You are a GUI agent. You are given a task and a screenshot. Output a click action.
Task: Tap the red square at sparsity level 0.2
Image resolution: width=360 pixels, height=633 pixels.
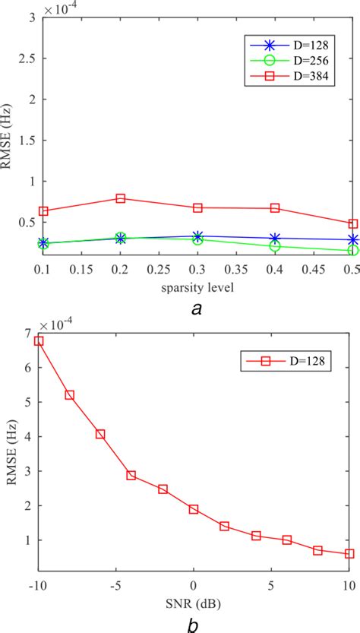click(x=121, y=198)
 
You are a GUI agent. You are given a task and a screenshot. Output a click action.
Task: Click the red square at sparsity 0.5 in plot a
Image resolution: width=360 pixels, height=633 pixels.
click(x=352, y=223)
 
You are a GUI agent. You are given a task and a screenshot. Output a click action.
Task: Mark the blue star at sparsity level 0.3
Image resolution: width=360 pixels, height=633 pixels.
click(x=198, y=236)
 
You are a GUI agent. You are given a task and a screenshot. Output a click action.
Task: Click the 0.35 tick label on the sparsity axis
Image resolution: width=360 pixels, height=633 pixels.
click(x=236, y=271)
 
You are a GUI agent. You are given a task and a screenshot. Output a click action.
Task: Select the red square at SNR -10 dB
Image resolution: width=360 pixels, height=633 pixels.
click(x=39, y=340)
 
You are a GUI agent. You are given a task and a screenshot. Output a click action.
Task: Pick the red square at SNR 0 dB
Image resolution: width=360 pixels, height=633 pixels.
click(x=194, y=509)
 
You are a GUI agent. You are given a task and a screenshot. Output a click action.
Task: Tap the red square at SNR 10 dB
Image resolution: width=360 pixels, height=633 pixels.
click(x=349, y=554)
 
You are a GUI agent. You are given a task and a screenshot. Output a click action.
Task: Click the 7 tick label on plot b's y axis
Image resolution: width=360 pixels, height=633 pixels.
click(x=28, y=333)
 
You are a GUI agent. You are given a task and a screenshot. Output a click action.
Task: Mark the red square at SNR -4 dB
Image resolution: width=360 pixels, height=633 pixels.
click(x=131, y=475)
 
